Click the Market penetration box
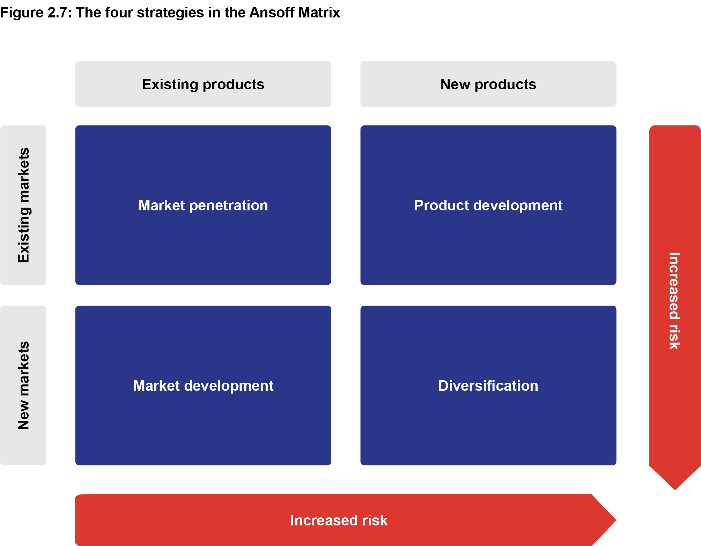tap(203, 205)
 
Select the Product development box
tap(488, 205)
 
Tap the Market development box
tap(203, 386)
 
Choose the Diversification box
tap(488, 386)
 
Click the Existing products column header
tap(203, 84)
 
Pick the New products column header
tap(488, 84)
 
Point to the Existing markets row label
tap(23, 205)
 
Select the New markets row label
tap(23, 386)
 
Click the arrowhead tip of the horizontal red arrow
tap(616, 520)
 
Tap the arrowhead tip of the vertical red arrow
tap(675, 490)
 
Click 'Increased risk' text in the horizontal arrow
tap(339, 520)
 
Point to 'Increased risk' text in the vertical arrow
tap(674, 301)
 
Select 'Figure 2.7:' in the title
tap(36, 13)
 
